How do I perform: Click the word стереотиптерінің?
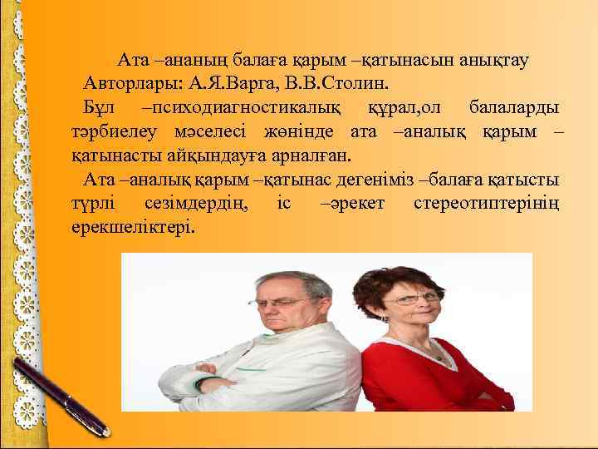click(x=486, y=204)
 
